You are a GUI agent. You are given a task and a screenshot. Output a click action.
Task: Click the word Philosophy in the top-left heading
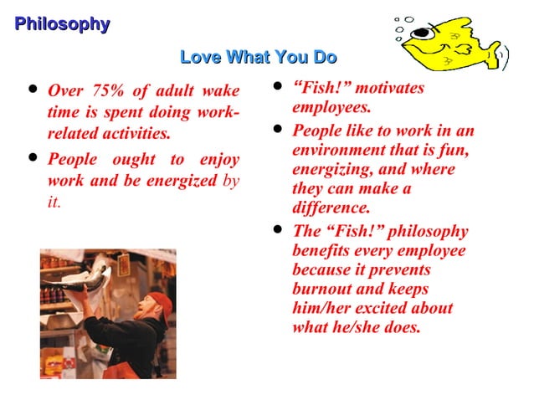(62, 24)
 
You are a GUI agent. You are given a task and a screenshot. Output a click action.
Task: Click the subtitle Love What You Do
(259, 58)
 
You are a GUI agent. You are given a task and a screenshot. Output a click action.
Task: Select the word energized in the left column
(179, 181)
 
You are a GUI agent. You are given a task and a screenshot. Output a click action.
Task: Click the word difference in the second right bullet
(331, 208)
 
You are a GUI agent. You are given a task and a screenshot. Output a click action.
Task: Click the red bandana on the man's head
(162, 302)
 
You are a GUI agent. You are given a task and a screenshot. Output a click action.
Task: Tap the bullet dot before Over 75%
(33, 87)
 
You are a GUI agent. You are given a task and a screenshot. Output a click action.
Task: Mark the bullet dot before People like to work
(277, 129)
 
